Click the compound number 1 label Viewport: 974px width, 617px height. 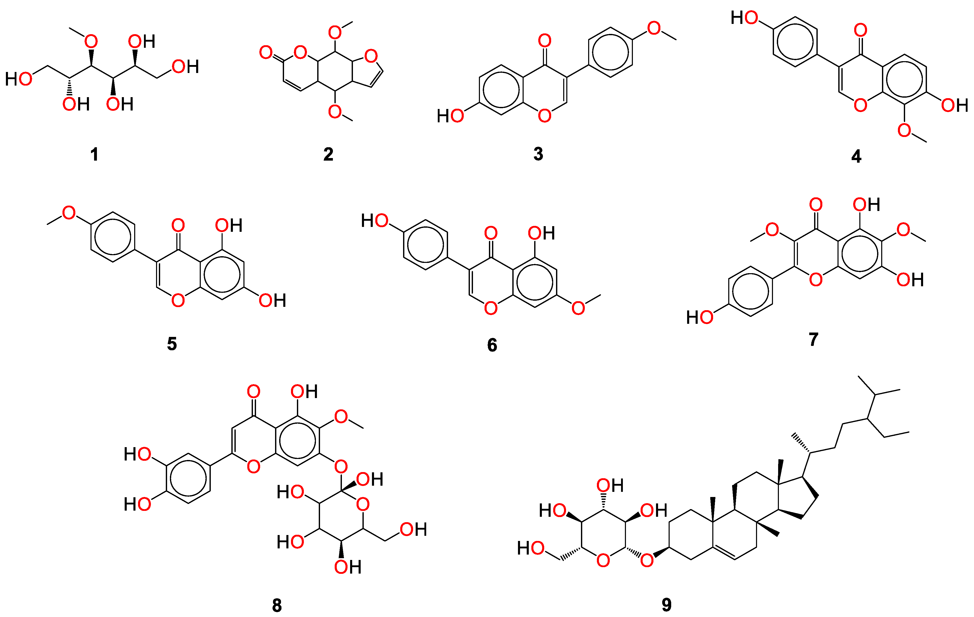(x=94, y=154)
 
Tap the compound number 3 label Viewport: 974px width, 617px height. (x=538, y=154)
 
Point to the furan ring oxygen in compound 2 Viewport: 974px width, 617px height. (x=371, y=56)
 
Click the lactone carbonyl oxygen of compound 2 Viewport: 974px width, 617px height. (x=266, y=52)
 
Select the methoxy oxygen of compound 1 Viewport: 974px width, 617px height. (x=91, y=41)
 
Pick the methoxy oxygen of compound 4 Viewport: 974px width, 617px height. (x=904, y=130)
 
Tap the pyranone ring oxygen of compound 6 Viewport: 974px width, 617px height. (x=491, y=308)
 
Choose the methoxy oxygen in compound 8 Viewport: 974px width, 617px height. (x=341, y=417)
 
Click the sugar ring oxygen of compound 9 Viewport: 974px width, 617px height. (x=603, y=560)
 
